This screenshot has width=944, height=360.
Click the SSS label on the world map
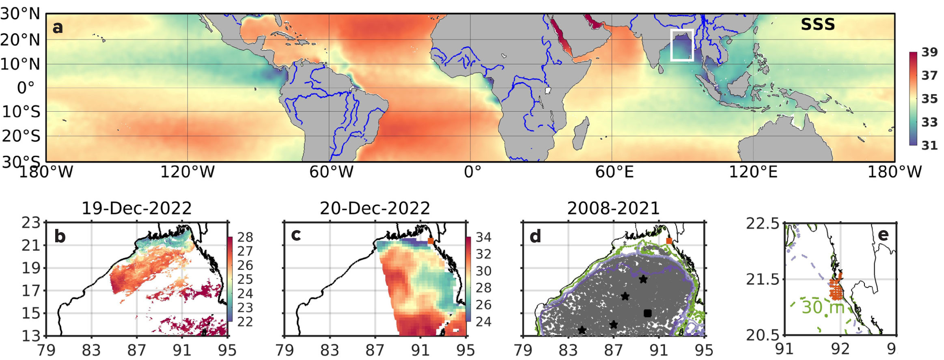point(817,24)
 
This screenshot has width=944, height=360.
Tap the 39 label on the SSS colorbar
point(929,52)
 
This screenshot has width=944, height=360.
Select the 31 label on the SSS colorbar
point(929,145)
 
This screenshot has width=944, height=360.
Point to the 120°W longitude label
point(187,172)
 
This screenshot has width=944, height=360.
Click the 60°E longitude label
point(614,172)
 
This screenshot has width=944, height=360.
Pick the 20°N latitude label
point(20,40)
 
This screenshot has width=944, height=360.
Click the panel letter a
point(58,27)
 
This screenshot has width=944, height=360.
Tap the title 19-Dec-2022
point(136,208)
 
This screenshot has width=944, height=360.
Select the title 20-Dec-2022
point(375,208)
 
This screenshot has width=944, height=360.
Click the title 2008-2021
point(613,208)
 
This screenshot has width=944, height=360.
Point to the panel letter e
point(883,235)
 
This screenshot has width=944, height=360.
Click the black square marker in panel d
point(647,313)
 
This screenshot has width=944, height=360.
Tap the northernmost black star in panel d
point(643,279)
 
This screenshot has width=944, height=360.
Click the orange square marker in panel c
point(431,241)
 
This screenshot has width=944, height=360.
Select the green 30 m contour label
point(823,307)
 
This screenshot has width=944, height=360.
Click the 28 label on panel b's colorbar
point(245,237)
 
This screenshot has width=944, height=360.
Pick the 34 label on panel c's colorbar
point(483,237)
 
